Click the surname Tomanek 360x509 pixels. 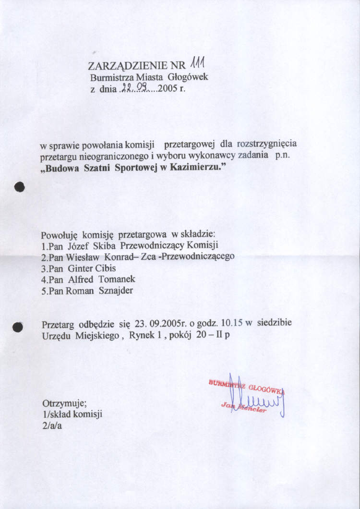(117, 279)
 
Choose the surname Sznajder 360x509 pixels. (116, 291)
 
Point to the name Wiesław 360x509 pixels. (83, 257)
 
